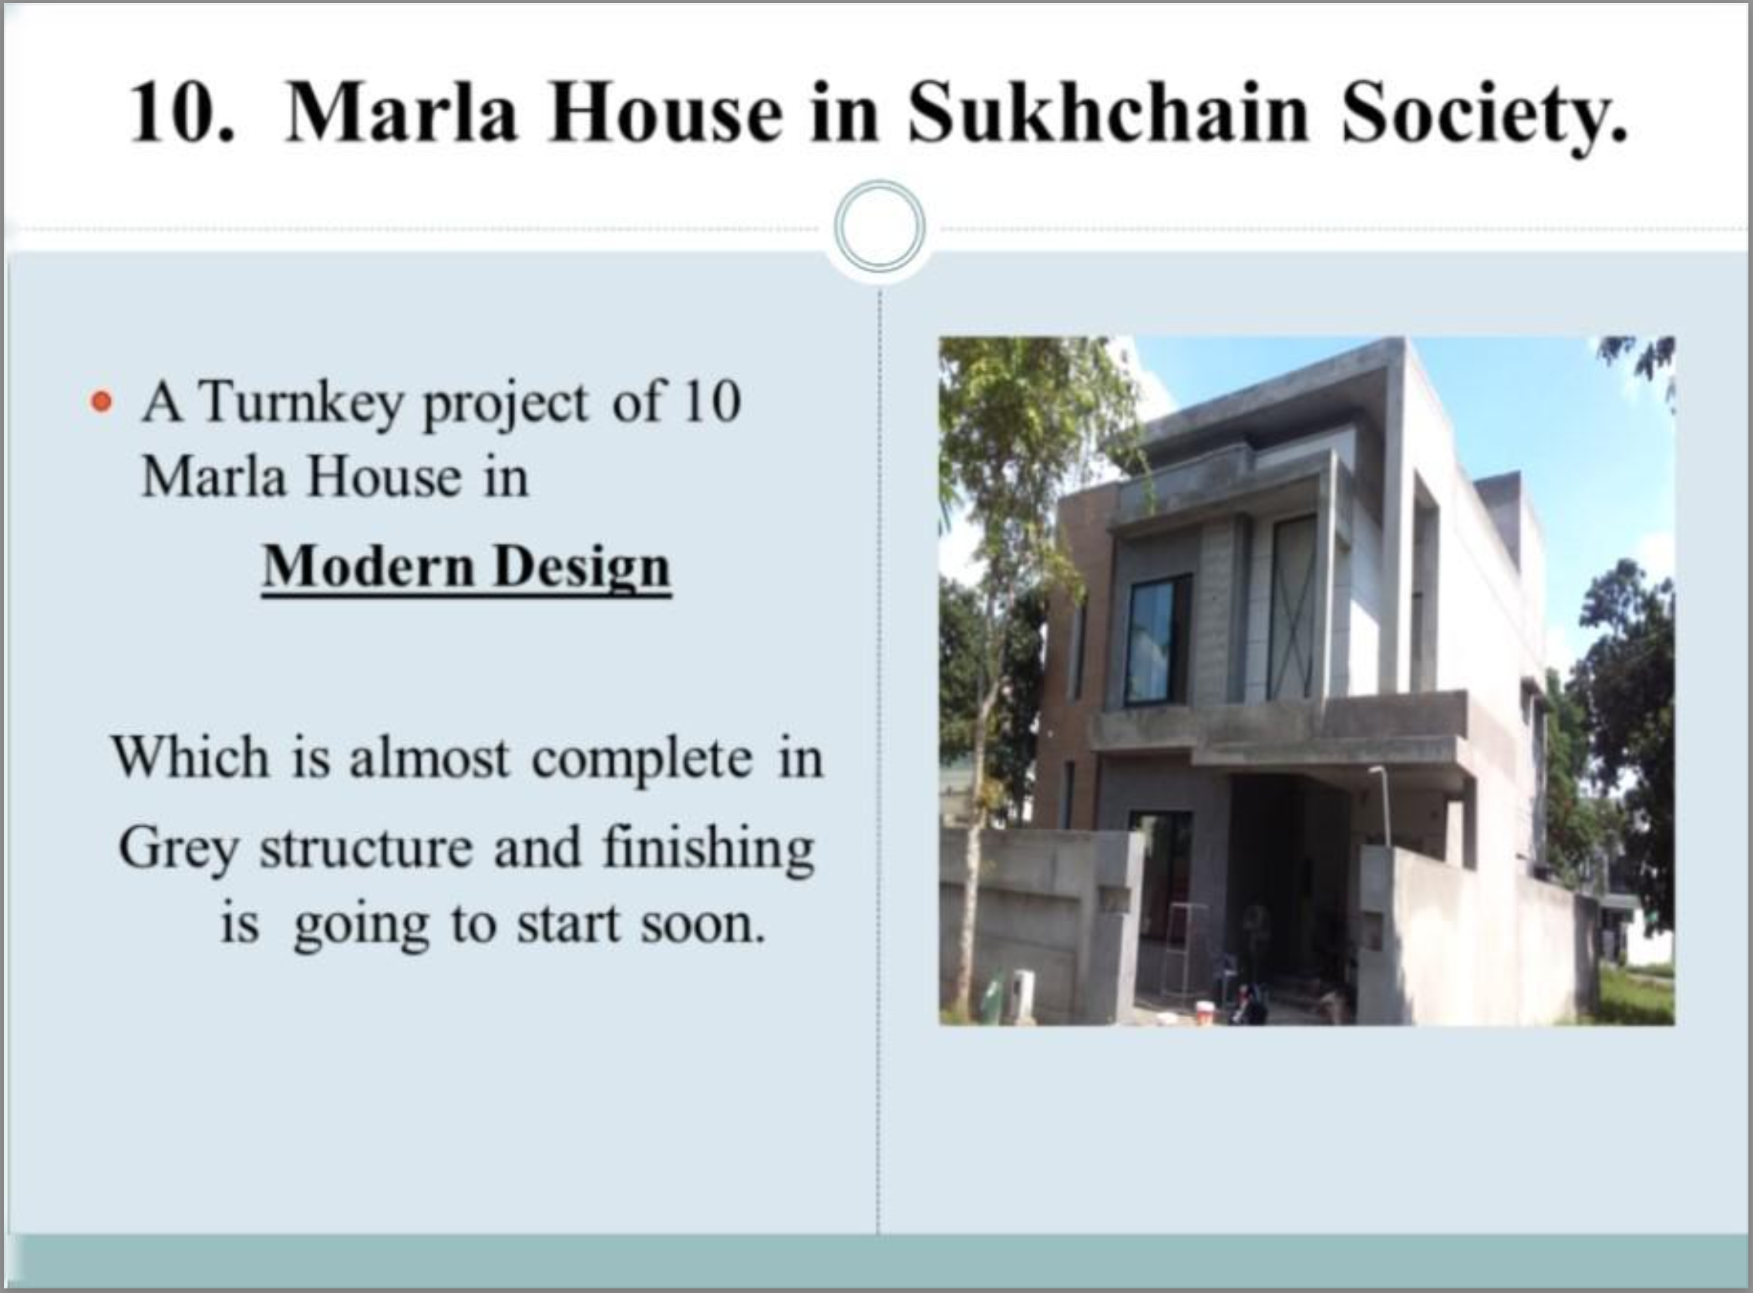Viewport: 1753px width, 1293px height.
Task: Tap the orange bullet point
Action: coord(101,403)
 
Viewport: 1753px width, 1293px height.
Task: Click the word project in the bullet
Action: coord(505,406)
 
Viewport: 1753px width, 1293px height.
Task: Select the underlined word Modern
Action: coord(368,565)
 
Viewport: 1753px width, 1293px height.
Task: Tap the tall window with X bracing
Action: coord(1292,607)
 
